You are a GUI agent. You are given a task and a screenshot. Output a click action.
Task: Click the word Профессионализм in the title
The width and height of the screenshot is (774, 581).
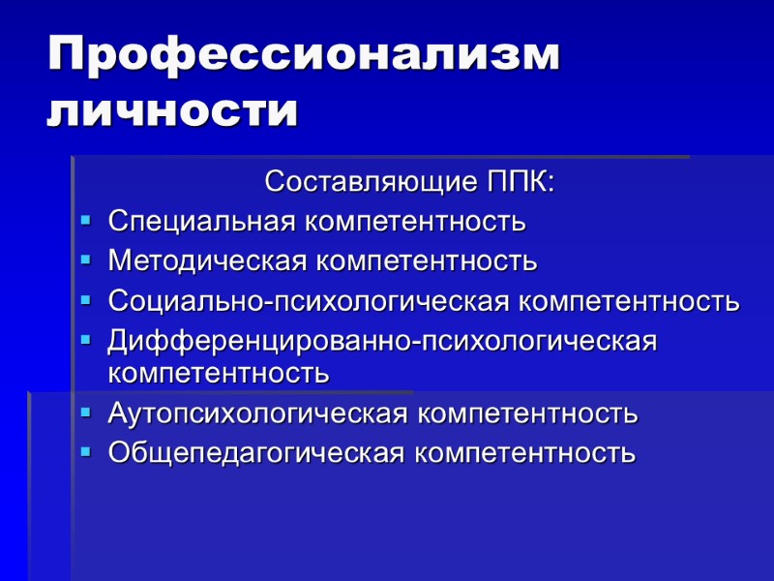coord(304,56)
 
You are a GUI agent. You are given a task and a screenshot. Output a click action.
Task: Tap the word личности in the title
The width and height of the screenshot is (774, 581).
coord(172,111)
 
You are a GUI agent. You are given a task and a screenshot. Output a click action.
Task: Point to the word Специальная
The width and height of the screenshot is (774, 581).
coord(202,222)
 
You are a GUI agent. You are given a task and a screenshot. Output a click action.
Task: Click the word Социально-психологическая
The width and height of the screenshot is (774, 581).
coord(309,301)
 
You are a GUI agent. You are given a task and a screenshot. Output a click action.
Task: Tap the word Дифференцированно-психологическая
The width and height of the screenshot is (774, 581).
coord(382,341)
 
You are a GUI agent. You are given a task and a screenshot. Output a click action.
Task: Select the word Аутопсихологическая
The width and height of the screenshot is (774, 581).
coord(257,413)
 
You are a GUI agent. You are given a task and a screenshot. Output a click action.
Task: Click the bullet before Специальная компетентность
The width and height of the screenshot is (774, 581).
coord(86,221)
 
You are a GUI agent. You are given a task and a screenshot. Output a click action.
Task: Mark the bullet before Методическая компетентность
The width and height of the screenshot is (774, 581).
coord(86,260)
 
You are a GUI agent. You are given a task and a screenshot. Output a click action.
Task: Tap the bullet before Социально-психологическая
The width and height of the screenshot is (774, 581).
coord(86,300)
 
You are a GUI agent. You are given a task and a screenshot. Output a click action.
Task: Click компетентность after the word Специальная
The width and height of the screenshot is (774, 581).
coord(416,222)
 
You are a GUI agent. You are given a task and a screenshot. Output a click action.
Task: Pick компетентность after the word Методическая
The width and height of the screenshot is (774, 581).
coord(427,261)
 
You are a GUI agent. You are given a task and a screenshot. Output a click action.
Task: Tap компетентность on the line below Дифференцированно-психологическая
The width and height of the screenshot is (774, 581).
coord(219,372)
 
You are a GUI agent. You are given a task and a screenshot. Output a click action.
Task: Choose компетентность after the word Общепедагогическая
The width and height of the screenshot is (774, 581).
coord(525,452)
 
